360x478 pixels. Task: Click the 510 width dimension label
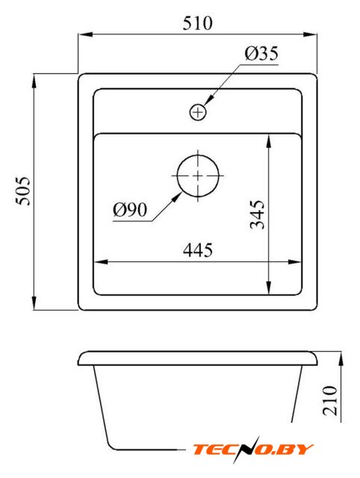tap(197, 23)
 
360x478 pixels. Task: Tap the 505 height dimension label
tap(23, 190)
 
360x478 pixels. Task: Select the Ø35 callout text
tap(261, 53)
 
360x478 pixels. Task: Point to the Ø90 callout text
tap(130, 210)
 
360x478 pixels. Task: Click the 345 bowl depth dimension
tap(257, 214)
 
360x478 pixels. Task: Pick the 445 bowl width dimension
tap(198, 250)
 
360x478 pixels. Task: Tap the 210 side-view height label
tap(330, 400)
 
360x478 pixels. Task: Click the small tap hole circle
tap(198, 112)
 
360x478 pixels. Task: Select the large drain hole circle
tap(198, 176)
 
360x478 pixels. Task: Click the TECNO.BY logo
tap(252, 449)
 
